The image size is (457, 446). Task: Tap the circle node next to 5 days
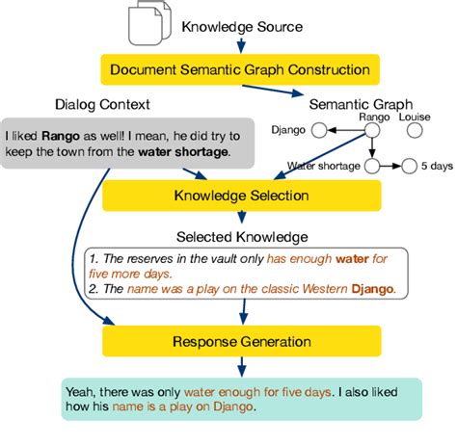click(x=409, y=166)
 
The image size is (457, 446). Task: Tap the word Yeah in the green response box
click(x=79, y=391)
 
